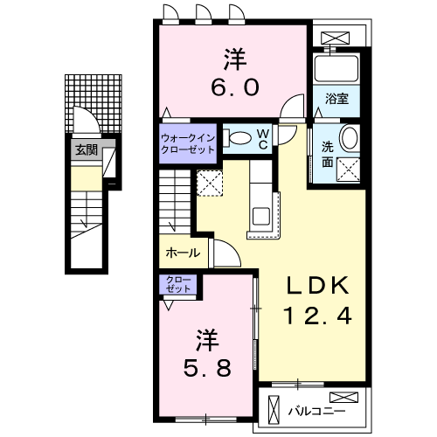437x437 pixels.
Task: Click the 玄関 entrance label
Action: [85, 149]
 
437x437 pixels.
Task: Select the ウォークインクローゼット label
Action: [188, 143]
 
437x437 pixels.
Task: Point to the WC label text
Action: [263, 139]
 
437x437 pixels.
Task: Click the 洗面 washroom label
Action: [327, 154]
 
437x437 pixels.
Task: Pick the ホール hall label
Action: [182, 253]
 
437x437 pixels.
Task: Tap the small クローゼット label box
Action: [178, 284]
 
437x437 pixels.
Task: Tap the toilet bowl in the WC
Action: [235, 136]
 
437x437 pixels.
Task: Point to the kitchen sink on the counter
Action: [261, 216]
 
